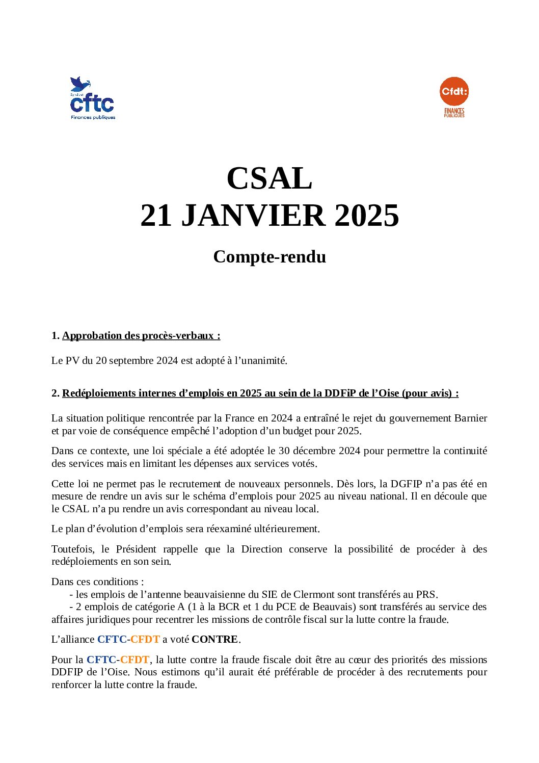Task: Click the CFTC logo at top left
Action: click(92, 99)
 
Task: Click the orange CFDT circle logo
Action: click(453, 92)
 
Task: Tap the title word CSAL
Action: click(269, 178)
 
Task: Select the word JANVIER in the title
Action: click(253, 216)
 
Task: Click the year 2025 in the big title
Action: click(367, 216)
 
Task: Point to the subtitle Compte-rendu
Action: click(269, 257)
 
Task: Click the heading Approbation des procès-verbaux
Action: click(141, 336)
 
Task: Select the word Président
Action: click(136, 549)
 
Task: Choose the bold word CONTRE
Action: click(214, 640)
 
